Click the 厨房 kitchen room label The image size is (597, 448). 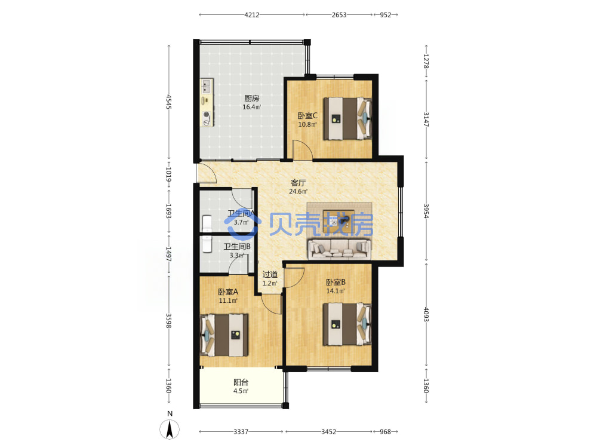[252, 99]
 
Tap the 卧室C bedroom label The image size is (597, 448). [307, 115]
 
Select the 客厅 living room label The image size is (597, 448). [298, 183]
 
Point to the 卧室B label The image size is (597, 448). [336, 283]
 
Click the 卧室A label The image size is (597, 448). [228, 292]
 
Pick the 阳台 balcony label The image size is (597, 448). [241, 382]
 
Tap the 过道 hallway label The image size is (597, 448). [270, 274]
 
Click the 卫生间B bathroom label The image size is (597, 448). [237, 247]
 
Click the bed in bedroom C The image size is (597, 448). [347, 118]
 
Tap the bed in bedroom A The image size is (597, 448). [224, 335]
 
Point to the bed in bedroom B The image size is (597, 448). [347, 324]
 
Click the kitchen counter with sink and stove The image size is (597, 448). [207, 103]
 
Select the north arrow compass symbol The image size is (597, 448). [170, 429]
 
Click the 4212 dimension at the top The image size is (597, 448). [252, 15]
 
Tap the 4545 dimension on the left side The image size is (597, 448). [169, 102]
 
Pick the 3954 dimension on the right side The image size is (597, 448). [426, 211]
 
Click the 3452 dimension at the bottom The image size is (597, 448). [328, 432]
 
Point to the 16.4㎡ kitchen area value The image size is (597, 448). [252, 107]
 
